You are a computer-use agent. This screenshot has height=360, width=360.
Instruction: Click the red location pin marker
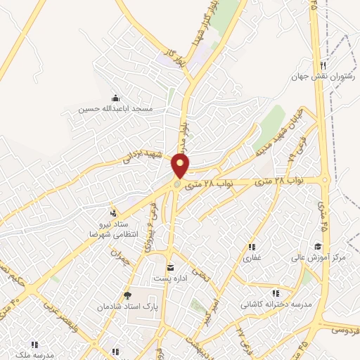pos(181,166)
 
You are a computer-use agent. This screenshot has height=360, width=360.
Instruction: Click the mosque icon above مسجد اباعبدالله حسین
pos(115,98)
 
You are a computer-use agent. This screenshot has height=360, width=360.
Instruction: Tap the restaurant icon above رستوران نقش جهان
pos(323,64)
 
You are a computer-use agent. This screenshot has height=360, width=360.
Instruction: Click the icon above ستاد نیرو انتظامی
pos(112,212)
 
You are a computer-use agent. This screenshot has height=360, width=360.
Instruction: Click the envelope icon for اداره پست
pos(170,268)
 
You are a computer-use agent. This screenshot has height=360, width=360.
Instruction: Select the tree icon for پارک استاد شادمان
pos(127,295)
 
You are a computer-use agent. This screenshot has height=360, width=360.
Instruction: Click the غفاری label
pos(252,258)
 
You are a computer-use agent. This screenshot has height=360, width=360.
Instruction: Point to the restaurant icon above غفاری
pos(251,247)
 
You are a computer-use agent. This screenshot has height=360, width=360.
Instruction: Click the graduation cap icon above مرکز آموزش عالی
pos(318,246)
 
